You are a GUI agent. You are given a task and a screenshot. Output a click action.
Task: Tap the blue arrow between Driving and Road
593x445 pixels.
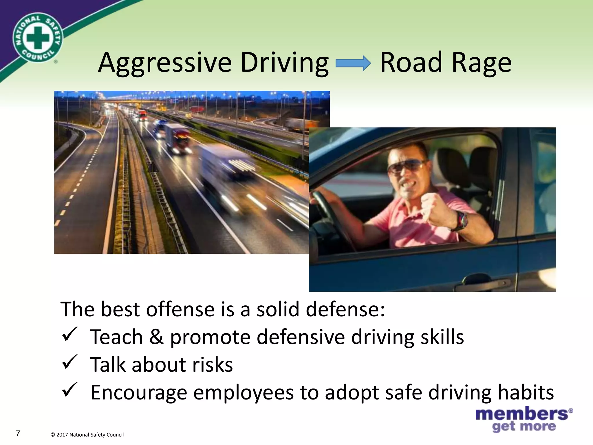(353, 64)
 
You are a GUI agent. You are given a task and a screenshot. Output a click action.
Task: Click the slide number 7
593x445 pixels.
(18, 433)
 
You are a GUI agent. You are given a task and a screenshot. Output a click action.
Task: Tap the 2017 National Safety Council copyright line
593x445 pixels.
(87, 435)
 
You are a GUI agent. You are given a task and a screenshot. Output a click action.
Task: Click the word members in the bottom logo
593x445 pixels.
(522, 413)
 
